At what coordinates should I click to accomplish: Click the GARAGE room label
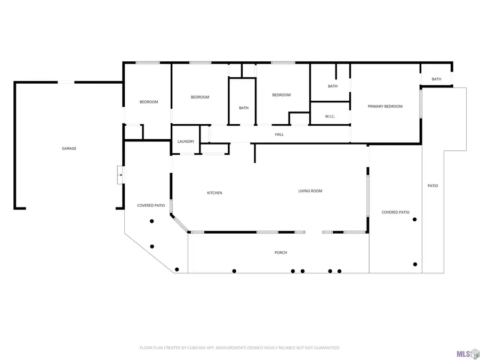(69, 148)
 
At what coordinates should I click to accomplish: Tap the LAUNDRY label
(186, 141)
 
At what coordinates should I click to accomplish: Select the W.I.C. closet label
(330, 116)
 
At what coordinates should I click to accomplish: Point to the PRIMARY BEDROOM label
(385, 106)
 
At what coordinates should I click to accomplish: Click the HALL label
(279, 134)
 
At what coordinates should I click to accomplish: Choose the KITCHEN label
(214, 193)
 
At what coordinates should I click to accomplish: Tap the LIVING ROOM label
(310, 191)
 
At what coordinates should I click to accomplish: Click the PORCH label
(281, 252)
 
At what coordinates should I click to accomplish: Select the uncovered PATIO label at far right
(433, 186)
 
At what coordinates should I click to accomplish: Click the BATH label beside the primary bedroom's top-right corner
(436, 79)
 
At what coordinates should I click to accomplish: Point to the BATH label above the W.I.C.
(332, 86)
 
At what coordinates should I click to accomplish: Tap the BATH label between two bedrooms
(243, 108)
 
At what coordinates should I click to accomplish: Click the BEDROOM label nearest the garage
(149, 102)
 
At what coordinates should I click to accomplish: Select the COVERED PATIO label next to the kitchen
(151, 205)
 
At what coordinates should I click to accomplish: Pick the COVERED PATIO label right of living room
(395, 212)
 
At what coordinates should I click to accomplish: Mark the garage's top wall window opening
(66, 82)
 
